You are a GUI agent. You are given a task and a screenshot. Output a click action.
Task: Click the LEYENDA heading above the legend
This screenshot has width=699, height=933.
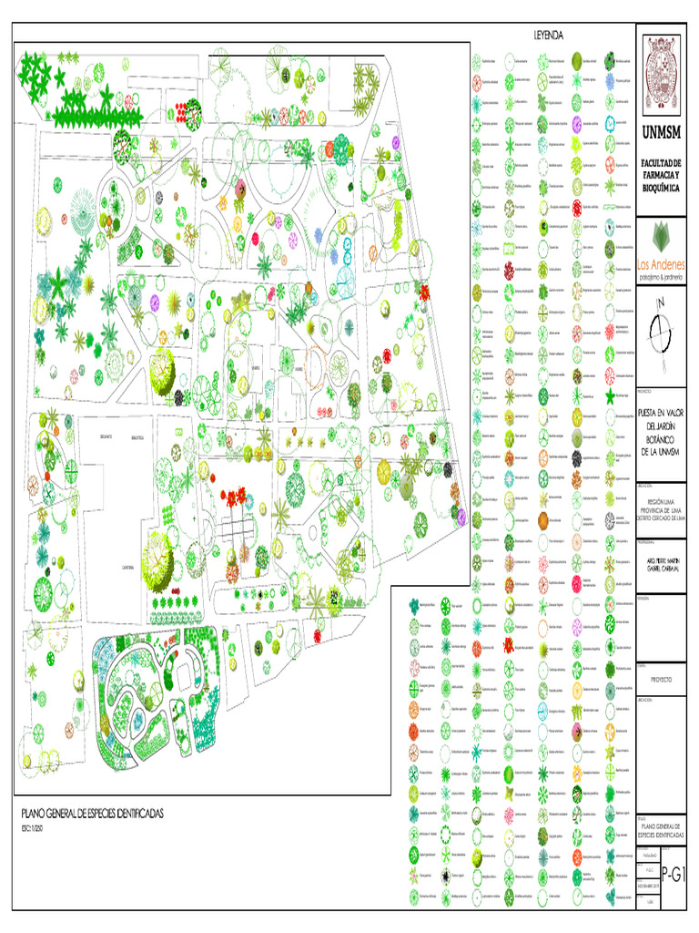(549, 35)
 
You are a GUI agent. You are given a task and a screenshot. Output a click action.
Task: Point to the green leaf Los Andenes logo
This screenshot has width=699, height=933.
(663, 233)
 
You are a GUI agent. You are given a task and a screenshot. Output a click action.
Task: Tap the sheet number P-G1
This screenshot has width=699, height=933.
(674, 875)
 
